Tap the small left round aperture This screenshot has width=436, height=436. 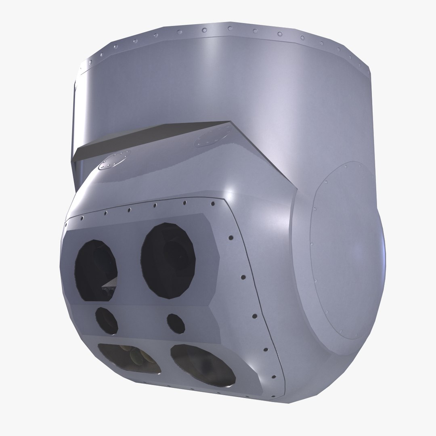tap(107, 320)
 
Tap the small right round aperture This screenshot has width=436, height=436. tap(176, 323)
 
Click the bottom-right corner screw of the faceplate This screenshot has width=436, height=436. tap(274, 378)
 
